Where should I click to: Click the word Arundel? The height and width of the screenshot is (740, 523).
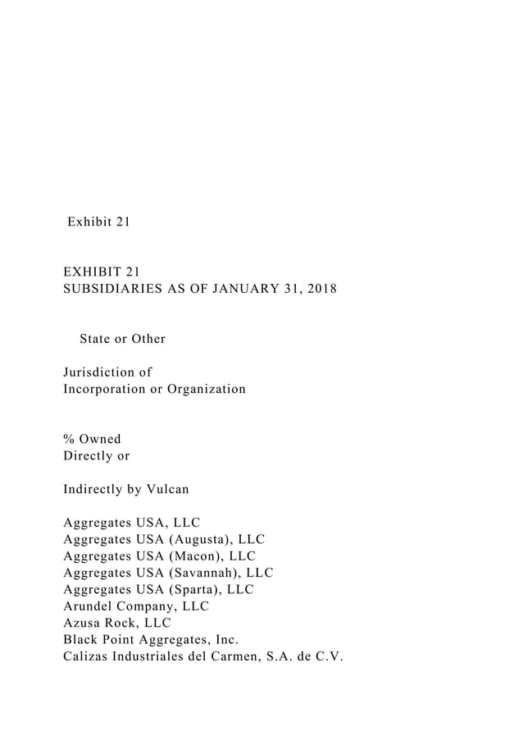point(89,606)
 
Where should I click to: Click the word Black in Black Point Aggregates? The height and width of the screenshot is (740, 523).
point(81,640)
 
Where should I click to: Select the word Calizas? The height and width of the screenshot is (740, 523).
point(88,657)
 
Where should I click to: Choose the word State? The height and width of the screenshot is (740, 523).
point(96,338)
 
